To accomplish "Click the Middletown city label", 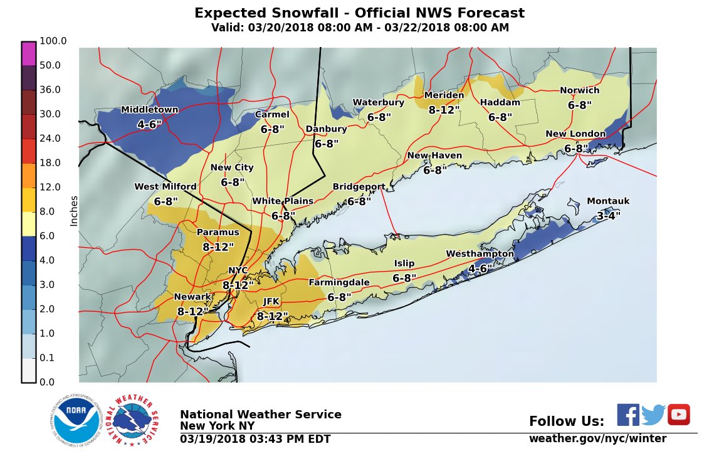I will click(x=149, y=110).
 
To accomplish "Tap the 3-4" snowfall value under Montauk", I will click(x=608, y=215).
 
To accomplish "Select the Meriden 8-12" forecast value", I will click(x=444, y=109).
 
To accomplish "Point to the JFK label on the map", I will click(x=271, y=302).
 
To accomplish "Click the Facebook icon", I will click(x=627, y=415).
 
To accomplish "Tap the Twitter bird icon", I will click(x=653, y=415).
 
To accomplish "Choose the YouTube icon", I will click(x=679, y=415).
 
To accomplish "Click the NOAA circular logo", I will click(x=76, y=421).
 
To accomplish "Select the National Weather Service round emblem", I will click(x=131, y=421).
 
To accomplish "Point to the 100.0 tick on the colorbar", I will click(x=53, y=41).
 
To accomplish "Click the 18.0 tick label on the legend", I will click(x=51, y=163).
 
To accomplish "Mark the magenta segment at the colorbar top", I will click(x=29, y=53).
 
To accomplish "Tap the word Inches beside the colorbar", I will click(x=74, y=211).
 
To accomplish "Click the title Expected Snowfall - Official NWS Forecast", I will click(x=359, y=13).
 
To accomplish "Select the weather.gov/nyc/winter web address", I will click(x=597, y=438).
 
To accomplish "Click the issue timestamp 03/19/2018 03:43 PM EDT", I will click(x=255, y=439).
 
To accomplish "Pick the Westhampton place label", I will click(x=480, y=254).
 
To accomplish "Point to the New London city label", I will click(x=575, y=134).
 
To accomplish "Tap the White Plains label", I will click(x=282, y=201).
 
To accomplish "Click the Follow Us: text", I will click(x=567, y=421).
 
